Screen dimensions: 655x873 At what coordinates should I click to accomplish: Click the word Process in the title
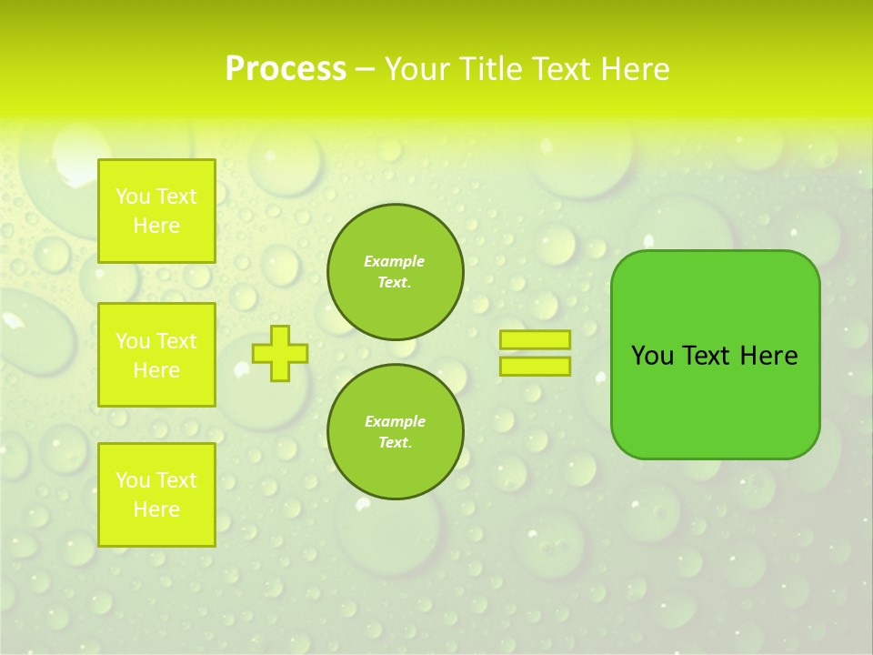tap(286, 69)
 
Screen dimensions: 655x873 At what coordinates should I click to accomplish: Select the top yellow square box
tap(156, 211)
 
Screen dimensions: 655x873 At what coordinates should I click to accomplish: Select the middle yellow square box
tap(156, 355)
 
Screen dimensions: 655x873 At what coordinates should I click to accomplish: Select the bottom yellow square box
tap(156, 495)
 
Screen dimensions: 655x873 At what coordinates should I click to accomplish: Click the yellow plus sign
tap(279, 353)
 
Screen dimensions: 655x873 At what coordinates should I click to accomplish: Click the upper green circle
tap(395, 271)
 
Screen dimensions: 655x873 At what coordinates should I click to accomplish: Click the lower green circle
tap(395, 431)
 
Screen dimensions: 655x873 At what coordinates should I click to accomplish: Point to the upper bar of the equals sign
tap(535, 340)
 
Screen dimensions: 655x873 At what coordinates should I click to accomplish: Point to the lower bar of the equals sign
tap(535, 366)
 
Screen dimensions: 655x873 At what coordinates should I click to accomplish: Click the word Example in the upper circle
tap(395, 261)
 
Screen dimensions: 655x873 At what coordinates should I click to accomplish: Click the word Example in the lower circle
tap(395, 421)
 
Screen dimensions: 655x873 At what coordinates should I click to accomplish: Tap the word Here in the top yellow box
tap(156, 226)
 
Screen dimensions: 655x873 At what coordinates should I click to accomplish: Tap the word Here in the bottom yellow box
tap(156, 509)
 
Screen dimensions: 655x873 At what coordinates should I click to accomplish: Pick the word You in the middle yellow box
tap(133, 341)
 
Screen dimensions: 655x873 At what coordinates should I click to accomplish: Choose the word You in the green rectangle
tap(652, 356)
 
